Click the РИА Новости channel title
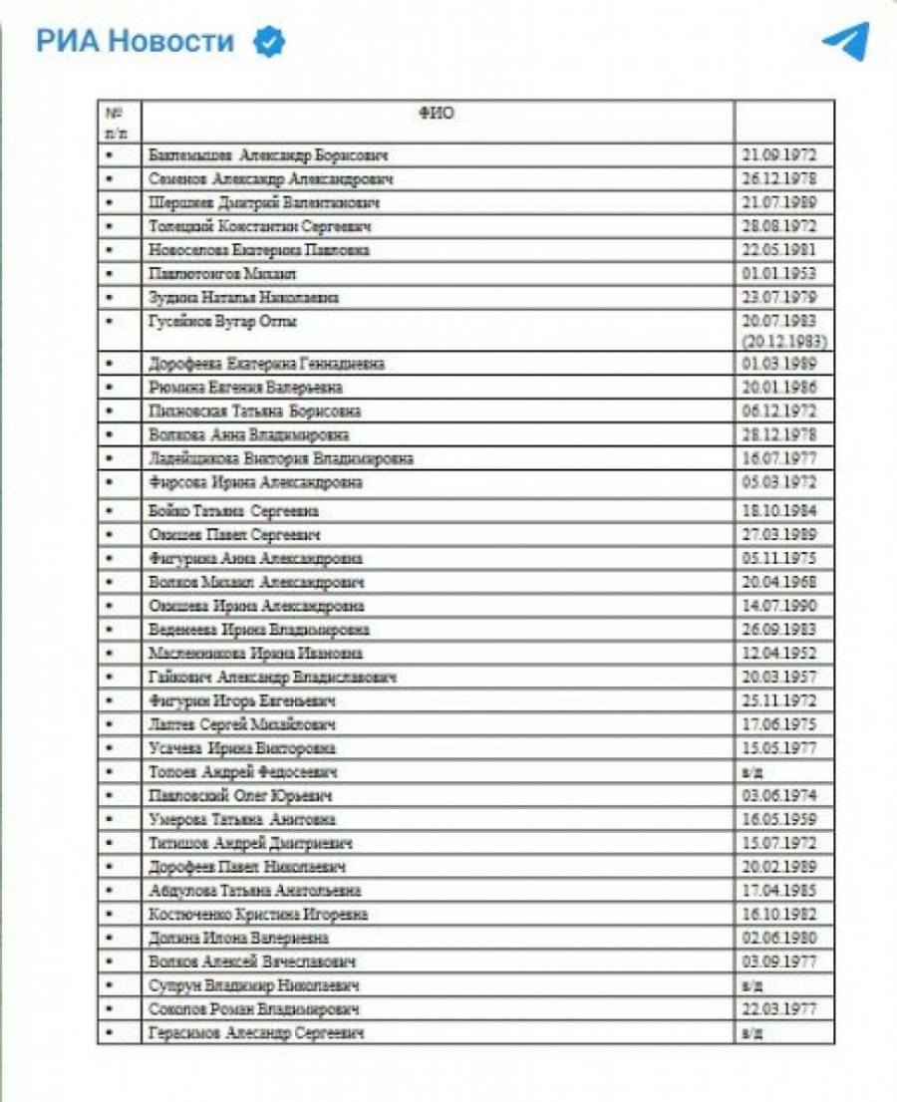pyautogui.click(x=136, y=41)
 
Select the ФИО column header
pyautogui.click(x=437, y=114)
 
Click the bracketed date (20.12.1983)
pyautogui.click(x=783, y=341)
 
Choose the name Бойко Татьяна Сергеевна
pyautogui.click(x=232, y=511)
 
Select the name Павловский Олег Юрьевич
pyautogui.click(x=239, y=796)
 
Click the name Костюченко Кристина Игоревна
pyautogui.click(x=257, y=915)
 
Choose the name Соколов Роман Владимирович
pyautogui.click(x=253, y=1009)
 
